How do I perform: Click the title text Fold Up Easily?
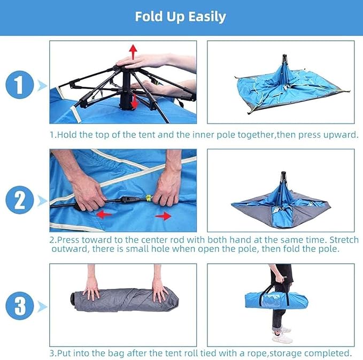coord(180,17)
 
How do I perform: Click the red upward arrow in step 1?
coord(133,51)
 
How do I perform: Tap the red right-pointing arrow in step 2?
coord(163,216)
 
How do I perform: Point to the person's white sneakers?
coord(282,335)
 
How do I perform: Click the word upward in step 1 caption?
coord(338,135)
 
